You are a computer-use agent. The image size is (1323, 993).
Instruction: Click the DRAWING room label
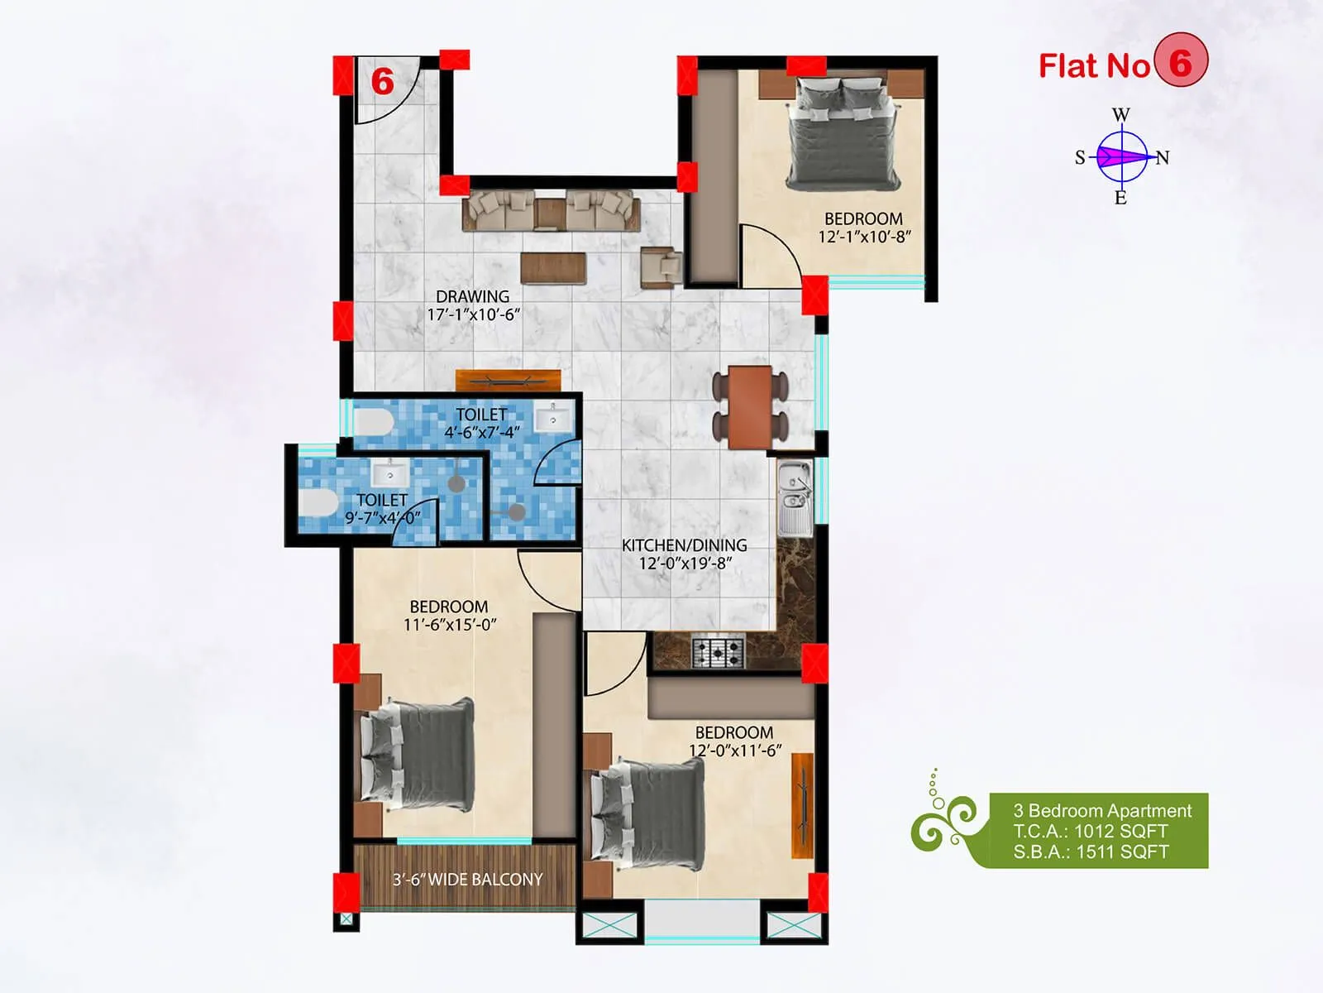click(x=472, y=296)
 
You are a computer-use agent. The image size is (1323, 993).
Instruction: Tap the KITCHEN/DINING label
click(x=684, y=545)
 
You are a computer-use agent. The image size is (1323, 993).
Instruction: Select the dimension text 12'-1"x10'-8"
click(x=864, y=237)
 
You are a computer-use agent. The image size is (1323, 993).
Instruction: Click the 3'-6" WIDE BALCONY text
click(x=467, y=880)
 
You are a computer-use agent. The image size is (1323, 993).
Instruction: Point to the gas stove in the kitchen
click(x=718, y=653)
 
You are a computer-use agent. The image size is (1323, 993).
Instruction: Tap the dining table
click(x=751, y=406)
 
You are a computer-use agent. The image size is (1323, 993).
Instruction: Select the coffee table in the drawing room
click(x=553, y=268)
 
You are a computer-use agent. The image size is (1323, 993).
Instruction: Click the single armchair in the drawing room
click(x=661, y=266)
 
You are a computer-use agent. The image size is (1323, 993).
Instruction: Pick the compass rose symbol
click(x=1122, y=156)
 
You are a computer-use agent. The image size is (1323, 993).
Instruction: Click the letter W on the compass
click(x=1120, y=115)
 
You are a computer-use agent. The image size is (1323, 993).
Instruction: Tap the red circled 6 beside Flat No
click(x=1181, y=63)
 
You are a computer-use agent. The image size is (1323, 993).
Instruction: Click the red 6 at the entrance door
click(x=382, y=82)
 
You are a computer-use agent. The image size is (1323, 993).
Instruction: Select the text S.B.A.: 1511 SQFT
click(x=1091, y=852)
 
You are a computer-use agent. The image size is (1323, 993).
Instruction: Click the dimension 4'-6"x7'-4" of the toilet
click(x=481, y=432)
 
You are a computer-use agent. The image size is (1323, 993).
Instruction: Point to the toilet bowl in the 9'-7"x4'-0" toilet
click(x=318, y=501)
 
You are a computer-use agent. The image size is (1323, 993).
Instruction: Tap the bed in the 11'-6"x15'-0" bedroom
click(x=418, y=755)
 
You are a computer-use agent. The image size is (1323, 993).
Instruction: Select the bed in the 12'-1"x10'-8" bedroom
click(x=843, y=132)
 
